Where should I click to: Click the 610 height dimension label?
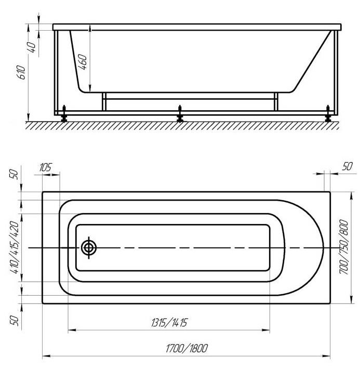(22, 72)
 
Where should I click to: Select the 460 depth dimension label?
(82, 62)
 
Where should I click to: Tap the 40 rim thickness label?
(32, 47)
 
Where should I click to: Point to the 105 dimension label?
(45, 167)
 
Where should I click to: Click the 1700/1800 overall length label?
(187, 348)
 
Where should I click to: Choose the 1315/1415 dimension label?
(169, 322)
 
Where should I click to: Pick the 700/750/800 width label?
(344, 247)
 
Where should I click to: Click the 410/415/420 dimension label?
(14, 247)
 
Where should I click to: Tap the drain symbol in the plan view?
(89, 248)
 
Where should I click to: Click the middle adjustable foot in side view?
(180, 114)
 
